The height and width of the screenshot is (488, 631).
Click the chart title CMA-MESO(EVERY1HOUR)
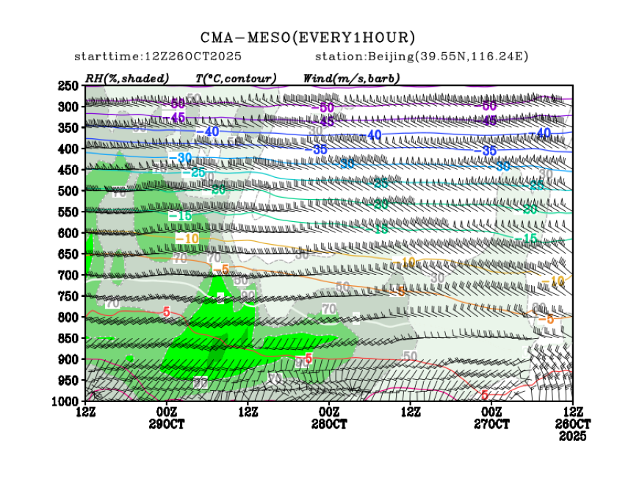[x=308, y=37]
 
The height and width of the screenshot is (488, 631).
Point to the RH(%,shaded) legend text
[x=127, y=78]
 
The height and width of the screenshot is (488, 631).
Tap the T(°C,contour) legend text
[x=236, y=78]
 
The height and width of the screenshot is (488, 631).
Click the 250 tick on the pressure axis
[x=68, y=86]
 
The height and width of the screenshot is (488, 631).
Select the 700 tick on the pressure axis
[x=68, y=275]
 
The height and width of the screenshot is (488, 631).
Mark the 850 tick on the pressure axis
[x=68, y=338]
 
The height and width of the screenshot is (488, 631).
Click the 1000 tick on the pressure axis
[x=66, y=401]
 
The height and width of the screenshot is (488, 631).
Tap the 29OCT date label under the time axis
[x=166, y=425]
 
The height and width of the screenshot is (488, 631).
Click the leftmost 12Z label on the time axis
[x=86, y=413]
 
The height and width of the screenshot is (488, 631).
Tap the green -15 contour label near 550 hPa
[x=179, y=216]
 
